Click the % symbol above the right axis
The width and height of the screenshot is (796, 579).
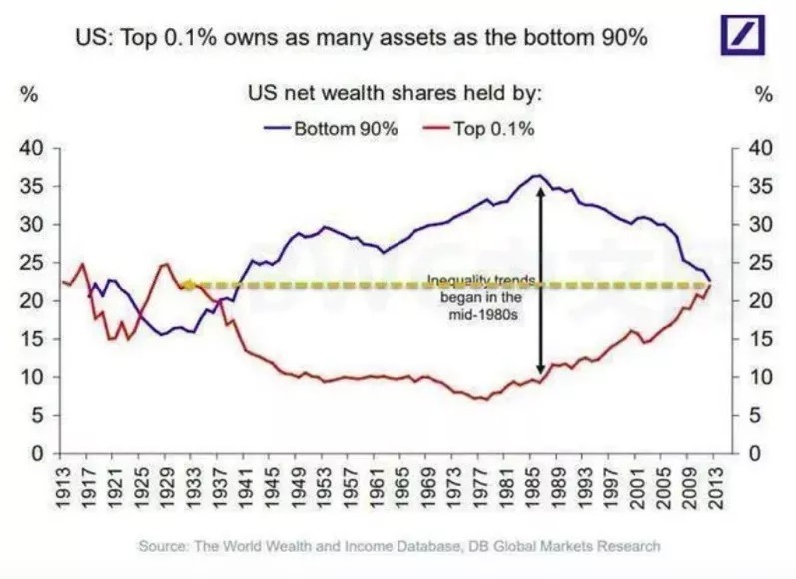point(764,95)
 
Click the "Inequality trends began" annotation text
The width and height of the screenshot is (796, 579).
point(482,297)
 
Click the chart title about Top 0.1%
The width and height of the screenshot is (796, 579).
point(363,39)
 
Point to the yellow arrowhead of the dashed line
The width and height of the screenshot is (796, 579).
point(186,285)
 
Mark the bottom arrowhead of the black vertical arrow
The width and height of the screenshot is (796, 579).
point(540,370)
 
